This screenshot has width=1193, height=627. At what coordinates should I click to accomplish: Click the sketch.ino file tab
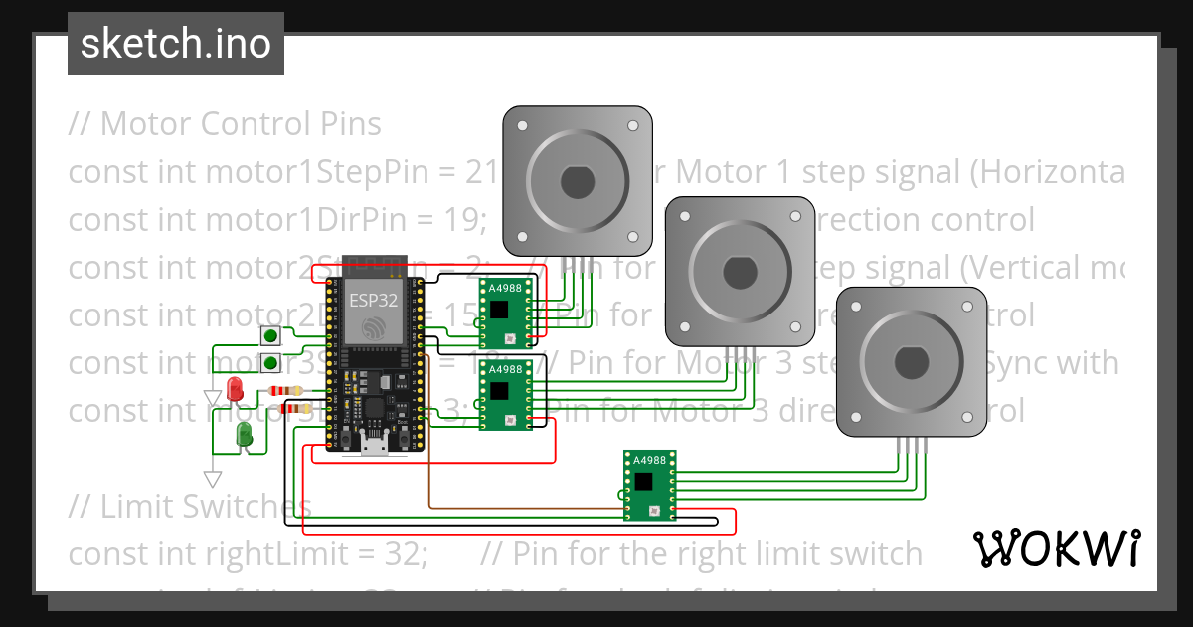[x=175, y=44]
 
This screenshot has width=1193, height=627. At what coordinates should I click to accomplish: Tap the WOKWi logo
[x=1055, y=548]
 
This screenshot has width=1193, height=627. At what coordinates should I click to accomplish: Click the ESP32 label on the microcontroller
[x=372, y=298]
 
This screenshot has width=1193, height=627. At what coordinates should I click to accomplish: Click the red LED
[x=236, y=389]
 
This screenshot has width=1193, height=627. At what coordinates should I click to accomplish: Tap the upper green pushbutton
[x=270, y=337]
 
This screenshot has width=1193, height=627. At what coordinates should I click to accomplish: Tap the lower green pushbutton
[x=270, y=363]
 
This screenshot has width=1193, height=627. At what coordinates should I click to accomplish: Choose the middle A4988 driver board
[x=504, y=395]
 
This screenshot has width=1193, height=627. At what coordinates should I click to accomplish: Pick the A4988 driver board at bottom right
[x=650, y=485]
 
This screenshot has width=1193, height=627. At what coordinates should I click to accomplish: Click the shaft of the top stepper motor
[x=577, y=182]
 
